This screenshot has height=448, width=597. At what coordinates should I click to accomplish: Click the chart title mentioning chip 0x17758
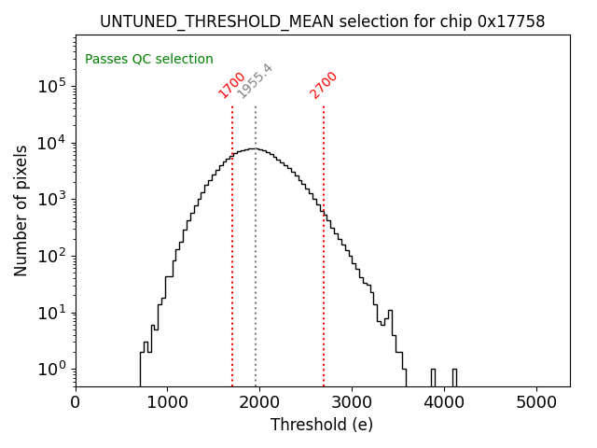coord(322,21)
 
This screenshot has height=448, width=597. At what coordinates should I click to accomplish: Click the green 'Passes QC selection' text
coord(149,59)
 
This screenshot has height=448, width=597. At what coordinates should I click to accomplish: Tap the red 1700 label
coord(231,85)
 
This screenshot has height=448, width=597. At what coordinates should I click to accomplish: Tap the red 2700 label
coord(324,85)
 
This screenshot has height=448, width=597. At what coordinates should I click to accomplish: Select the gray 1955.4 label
coord(255,81)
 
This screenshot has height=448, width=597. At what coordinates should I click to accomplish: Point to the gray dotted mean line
coord(256,280)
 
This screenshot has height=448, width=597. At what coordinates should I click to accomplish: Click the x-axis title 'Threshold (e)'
coord(322,425)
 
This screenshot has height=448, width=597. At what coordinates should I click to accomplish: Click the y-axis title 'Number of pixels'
coord(21,210)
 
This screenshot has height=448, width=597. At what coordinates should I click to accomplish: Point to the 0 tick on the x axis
coord(76,402)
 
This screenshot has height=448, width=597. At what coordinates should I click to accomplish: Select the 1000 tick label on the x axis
coord(167,402)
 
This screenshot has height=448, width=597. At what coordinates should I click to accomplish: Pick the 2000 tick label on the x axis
coord(259,402)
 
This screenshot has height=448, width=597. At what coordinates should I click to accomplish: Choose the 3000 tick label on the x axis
coord(352,402)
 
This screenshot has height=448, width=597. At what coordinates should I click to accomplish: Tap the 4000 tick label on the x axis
coord(444,402)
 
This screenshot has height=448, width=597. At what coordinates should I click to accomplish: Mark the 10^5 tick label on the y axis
coord(51,86)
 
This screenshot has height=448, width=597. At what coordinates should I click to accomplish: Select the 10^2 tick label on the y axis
coord(51,256)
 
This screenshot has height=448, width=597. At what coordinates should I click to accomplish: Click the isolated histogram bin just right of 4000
coord(454,377)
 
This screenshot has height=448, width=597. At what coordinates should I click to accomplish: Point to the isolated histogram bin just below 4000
coord(433,377)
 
